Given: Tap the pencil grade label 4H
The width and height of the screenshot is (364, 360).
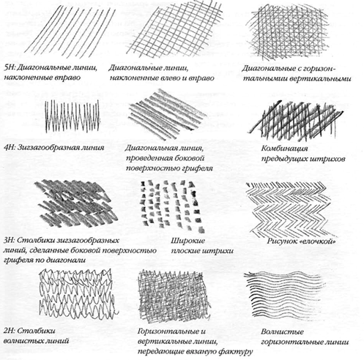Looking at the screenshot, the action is click(x=10, y=148).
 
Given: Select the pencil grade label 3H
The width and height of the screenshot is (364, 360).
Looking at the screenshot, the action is click(x=10, y=240).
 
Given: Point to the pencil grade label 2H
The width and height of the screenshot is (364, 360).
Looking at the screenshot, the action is click(x=10, y=331).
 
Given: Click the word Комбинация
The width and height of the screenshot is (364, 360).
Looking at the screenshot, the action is click(x=284, y=149).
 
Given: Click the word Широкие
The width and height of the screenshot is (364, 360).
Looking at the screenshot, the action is click(x=187, y=241).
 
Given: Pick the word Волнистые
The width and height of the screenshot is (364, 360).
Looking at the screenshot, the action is click(x=282, y=331).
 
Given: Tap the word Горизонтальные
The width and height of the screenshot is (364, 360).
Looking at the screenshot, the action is click(x=168, y=331).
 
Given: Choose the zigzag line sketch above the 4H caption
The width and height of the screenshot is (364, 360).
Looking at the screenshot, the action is click(x=73, y=116).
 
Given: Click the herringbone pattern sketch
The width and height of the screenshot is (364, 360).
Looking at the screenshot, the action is click(x=289, y=209).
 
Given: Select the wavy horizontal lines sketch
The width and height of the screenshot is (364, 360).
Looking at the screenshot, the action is click(x=285, y=294).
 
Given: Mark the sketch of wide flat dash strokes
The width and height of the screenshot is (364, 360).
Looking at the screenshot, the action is click(x=172, y=206).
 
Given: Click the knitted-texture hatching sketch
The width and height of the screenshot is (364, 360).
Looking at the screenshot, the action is click(x=174, y=294).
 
